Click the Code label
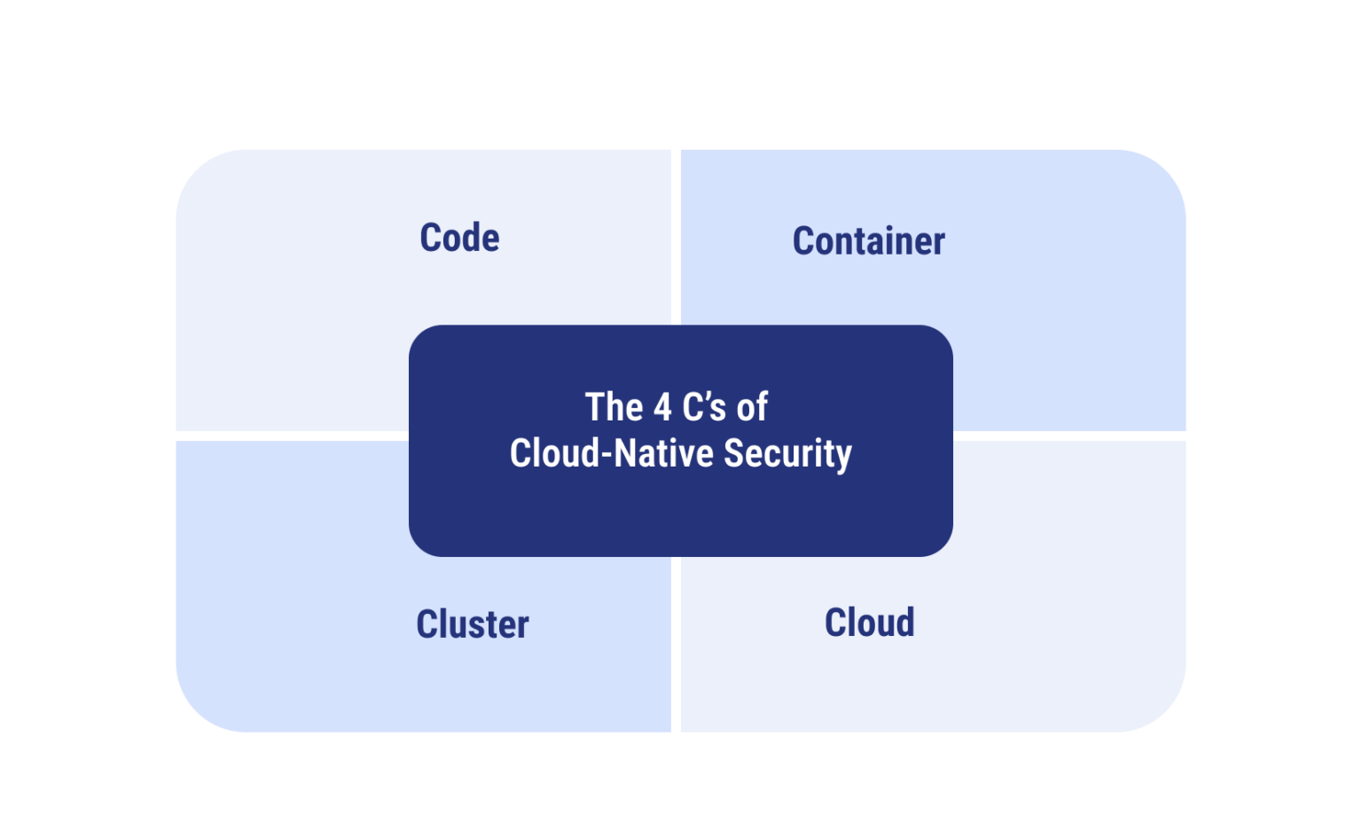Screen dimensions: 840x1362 tap(459, 238)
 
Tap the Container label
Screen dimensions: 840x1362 tap(868, 241)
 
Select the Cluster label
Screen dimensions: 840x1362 tap(473, 624)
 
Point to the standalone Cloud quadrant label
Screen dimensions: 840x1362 tap(869, 623)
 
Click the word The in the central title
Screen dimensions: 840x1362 tap(614, 408)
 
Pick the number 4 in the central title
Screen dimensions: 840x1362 tap(662, 408)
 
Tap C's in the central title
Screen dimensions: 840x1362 tap(705, 408)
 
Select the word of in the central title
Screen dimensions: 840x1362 tap(752, 408)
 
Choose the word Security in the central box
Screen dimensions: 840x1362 tap(787, 453)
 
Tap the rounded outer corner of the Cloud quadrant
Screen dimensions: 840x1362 tap(1164, 710)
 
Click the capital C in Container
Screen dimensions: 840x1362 tap(803, 241)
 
